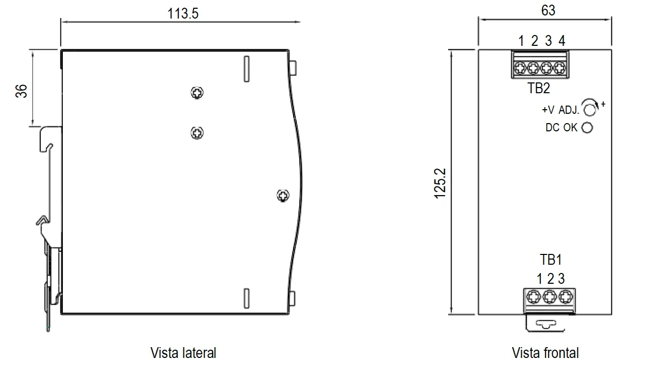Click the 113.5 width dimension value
(183, 13)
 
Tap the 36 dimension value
(21, 91)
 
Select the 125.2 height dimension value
(440, 183)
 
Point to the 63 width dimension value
(548, 10)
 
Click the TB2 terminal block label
(539, 88)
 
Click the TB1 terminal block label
(551, 260)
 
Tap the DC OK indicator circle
(587, 127)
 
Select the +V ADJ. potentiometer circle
(589, 110)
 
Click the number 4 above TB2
(562, 41)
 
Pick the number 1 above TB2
(521, 41)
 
